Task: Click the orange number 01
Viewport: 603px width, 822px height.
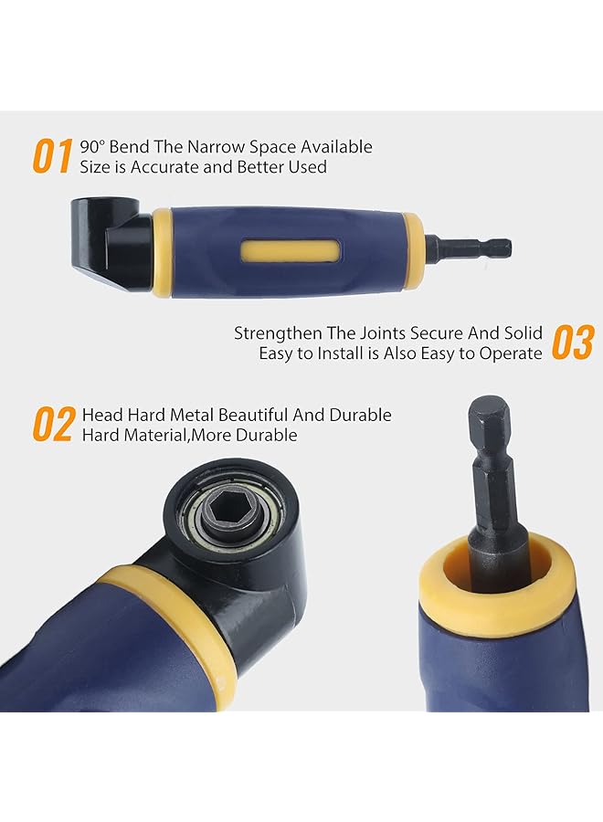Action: pyautogui.click(x=52, y=156)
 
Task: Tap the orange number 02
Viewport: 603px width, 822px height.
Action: pyautogui.click(x=52, y=425)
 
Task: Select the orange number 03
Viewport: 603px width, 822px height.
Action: pyautogui.click(x=574, y=343)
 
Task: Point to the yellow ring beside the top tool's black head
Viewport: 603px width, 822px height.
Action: pyautogui.click(x=163, y=252)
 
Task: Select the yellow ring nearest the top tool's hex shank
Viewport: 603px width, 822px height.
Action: pyautogui.click(x=412, y=248)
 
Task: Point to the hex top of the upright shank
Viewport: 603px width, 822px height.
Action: pyautogui.click(x=489, y=416)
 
